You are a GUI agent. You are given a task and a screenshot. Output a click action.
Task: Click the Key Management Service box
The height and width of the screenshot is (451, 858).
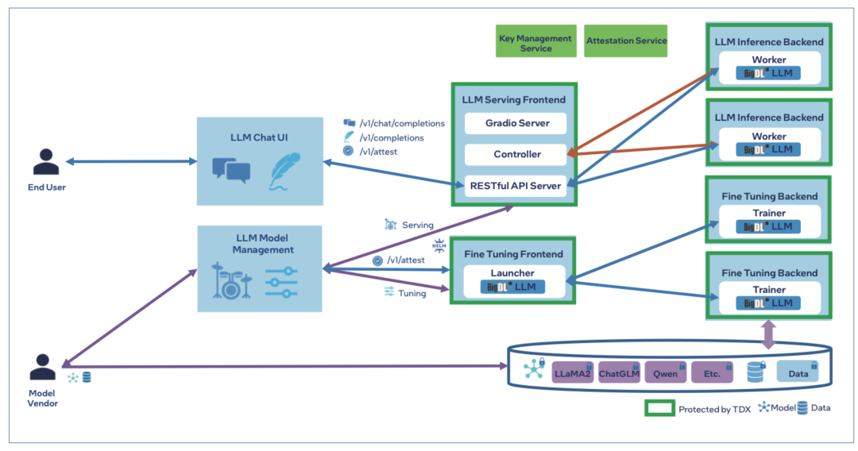[x=535, y=43]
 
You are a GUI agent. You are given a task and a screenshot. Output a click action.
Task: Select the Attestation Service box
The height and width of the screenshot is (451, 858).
[x=626, y=40]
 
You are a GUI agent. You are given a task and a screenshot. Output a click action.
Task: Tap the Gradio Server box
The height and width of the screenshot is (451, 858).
[x=515, y=123]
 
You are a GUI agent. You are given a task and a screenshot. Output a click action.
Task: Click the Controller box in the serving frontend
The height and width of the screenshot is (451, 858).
[x=516, y=154]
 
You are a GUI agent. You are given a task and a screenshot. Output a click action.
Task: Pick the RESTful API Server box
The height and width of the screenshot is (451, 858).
[x=516, y=186]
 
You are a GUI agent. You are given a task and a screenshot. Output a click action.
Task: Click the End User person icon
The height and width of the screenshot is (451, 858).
[x=45, y=160]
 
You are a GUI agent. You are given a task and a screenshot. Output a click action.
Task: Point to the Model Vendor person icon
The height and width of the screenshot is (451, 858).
[x=44, y=367]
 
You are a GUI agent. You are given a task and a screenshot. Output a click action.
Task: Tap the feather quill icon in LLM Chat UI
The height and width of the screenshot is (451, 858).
[x=284, y=171]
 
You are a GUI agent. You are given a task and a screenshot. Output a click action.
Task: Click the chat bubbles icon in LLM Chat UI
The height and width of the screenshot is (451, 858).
[x=231, y=169]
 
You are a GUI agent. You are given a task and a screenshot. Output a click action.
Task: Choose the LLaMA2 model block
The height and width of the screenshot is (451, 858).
[x=573, y=372]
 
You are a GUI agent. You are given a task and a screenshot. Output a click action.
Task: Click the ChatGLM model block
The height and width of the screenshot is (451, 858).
[x=619, y=372]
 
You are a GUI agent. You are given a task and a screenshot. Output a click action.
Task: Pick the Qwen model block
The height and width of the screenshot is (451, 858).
[x=665, y=372]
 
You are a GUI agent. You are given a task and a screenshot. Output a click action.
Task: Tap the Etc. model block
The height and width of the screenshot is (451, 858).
[x=711, y=372]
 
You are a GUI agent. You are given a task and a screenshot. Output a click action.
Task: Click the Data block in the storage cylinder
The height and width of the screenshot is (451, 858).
[x=797, y=372]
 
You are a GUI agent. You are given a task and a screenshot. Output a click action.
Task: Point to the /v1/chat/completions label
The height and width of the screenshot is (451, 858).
[x=401, y=123]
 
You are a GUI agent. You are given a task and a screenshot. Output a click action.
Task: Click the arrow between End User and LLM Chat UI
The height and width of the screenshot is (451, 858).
[x=131, y=161]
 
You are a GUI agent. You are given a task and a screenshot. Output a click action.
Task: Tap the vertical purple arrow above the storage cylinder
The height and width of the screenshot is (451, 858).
[x=768, y=333]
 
